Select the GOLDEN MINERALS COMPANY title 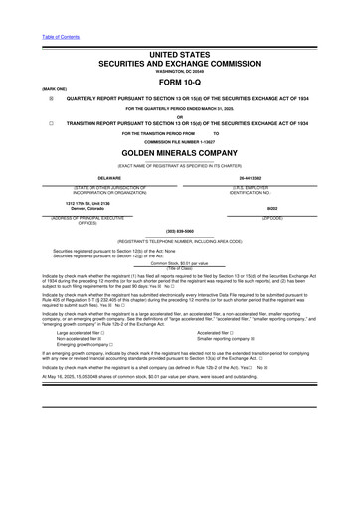[179, 156]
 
